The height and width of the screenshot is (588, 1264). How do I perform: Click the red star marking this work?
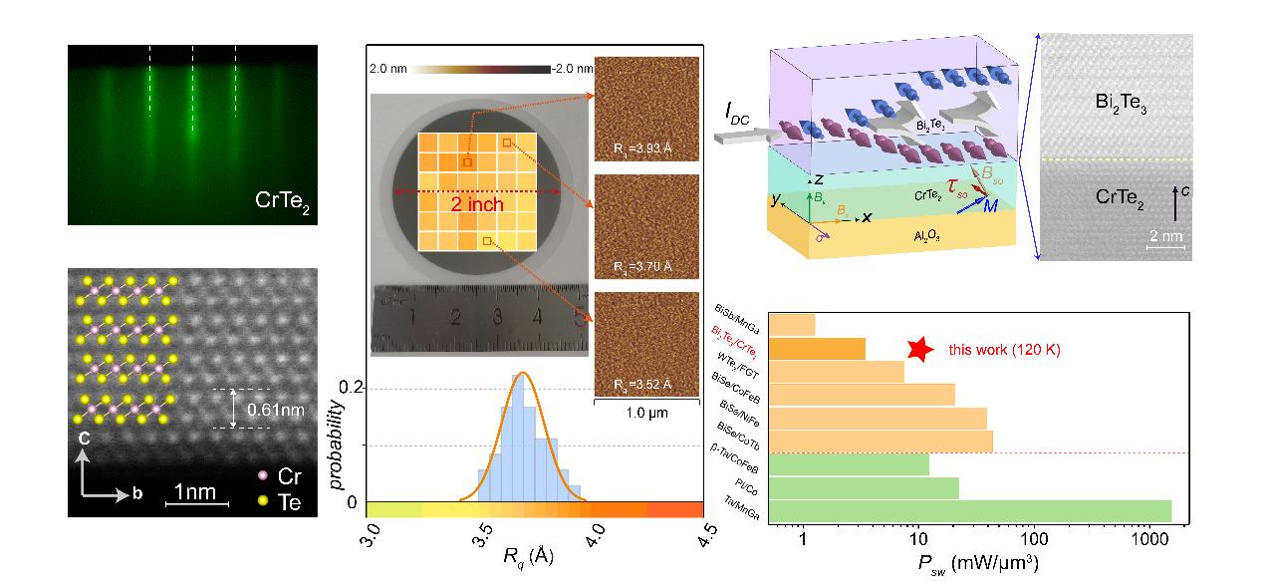(x=921, y=349)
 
